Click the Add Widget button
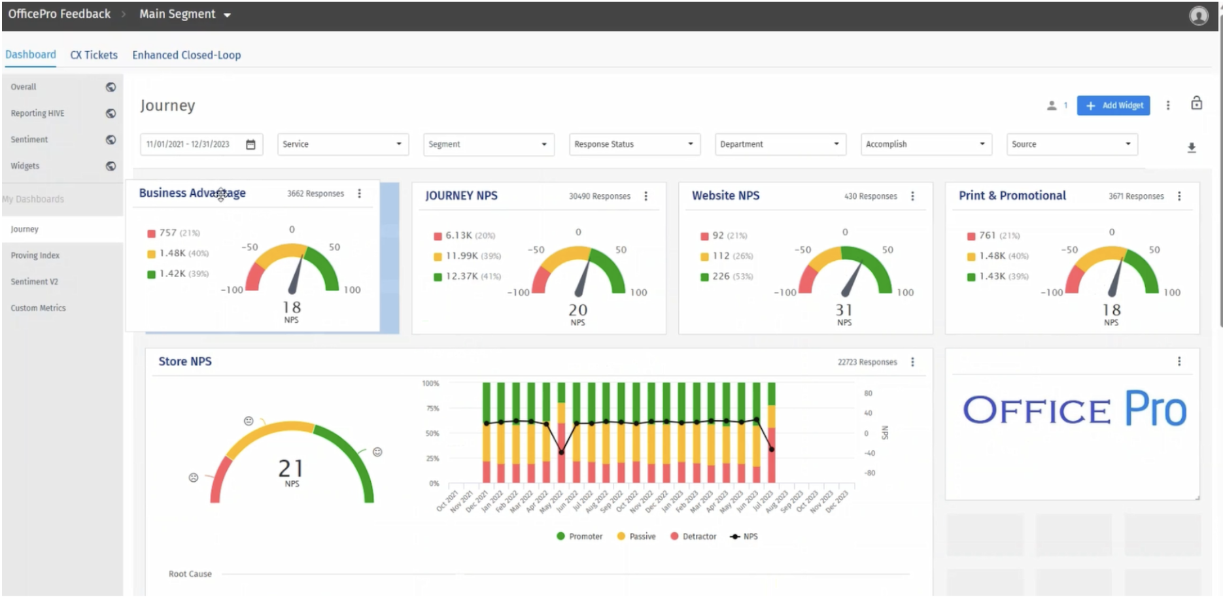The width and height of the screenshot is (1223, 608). (x=1113, y=105)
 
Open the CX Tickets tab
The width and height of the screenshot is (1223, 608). (x=94, y=55)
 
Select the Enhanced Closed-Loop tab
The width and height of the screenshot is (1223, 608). (x=186, y=55)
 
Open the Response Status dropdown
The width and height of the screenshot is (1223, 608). (x=633, y=144)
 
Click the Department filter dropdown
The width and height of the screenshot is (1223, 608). (x=780, y=144)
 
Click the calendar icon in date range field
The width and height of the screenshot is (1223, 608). (x=250, y=144)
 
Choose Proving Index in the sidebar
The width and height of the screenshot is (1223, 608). (x=35, y=256)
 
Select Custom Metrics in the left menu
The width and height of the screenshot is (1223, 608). (x=38, y=308)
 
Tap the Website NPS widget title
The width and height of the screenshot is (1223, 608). (x=725, y=195)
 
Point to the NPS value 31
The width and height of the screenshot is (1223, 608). (x=844, y=310)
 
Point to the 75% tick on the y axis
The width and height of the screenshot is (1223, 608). (x=432, y=409)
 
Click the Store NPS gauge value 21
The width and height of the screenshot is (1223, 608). (x=290, y=468)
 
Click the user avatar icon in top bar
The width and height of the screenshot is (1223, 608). (x=1198, y=15)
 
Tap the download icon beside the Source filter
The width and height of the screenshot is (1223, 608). (x=1192, y=148)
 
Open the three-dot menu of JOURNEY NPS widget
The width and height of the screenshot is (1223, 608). (x=646, y=196)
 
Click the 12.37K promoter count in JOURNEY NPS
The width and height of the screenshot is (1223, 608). (x=462, y=277)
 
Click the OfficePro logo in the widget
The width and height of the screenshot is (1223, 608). (x=1074, y=410)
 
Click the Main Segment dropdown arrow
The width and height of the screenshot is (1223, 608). (x=227, y=15)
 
